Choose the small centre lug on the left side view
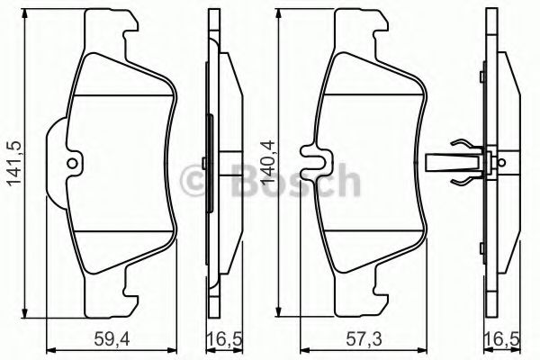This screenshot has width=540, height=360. (x=206, y=163)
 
